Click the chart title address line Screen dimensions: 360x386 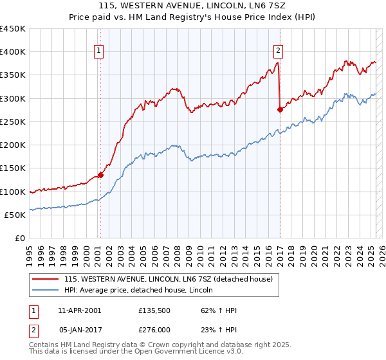coord(193,6)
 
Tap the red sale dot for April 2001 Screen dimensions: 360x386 coord(100,175)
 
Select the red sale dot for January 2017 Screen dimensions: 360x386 coord(280,109)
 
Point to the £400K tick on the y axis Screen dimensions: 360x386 coord(13,52)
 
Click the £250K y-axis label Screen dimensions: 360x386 coord(13,122)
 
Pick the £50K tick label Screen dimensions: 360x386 coord(15,215)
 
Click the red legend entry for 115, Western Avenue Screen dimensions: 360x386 coord(169,279)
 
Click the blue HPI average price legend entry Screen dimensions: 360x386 coord(142,290)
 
